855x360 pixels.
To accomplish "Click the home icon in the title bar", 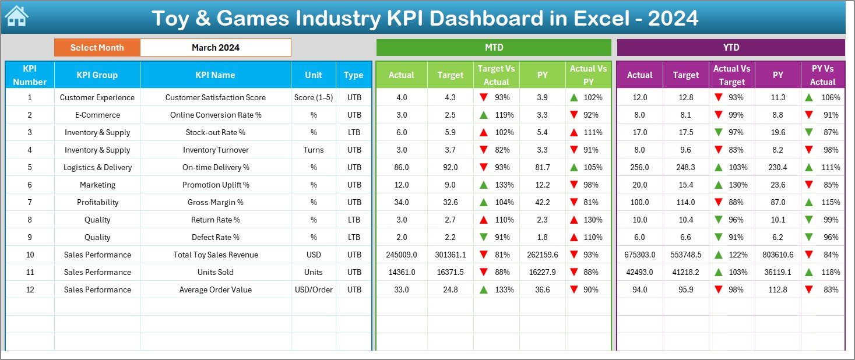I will [x=16, y=17].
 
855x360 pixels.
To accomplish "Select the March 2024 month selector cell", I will [x=216, y=48].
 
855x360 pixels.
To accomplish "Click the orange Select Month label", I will [x=97, y=48].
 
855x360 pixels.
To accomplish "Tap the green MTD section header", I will [x=494, y=47].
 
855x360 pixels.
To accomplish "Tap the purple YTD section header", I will [x=731, y=47].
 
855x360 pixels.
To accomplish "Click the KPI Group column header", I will [x=97, y=75].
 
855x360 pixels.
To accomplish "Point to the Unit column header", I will [x=314, y=75].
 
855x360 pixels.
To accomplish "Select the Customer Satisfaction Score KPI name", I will [x=215, y=97].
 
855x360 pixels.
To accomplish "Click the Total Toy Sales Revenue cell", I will [x=215, y=255].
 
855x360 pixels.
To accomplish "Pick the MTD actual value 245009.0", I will [x=402, y=255].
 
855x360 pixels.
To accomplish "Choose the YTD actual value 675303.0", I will [x=639, y=255].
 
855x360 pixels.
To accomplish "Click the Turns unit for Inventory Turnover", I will [x=314, y=150].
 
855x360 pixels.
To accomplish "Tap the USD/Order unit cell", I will [x=314, y=290].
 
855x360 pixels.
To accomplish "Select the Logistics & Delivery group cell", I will [x=97, y=167].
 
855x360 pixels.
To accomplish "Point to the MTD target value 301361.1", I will [x=451, y=255].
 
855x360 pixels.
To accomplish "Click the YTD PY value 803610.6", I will [x=777, y=255].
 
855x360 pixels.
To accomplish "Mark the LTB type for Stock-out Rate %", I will [x=353, y=132].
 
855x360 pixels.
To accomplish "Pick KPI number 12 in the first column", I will [x=30, y=290].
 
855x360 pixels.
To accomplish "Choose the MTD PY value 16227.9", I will [x=543, y=272].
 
